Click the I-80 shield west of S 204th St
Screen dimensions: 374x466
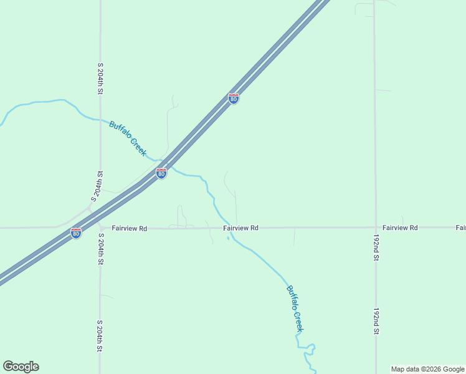[76, 233]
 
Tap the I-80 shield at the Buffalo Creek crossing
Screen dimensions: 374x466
[161, 174]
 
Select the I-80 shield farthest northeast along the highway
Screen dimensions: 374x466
[233, 98]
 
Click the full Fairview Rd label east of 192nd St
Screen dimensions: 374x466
[400, 228]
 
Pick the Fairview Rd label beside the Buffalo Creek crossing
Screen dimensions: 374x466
[241, 228]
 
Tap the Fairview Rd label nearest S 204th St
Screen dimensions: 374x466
[130, 229]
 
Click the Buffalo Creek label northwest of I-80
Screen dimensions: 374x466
[128, 138]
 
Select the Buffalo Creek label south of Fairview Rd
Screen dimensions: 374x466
[295, 308]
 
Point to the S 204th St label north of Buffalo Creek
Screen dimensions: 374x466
[100, 78]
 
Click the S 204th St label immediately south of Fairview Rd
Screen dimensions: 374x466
[100, 249]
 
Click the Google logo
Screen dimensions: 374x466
[21, 367]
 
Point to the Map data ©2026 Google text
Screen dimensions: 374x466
[427, 369]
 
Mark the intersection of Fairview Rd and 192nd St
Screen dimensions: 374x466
[375, 228]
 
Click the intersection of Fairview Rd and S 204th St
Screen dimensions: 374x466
[100, 228]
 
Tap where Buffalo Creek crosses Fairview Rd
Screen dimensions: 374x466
[229, 228]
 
